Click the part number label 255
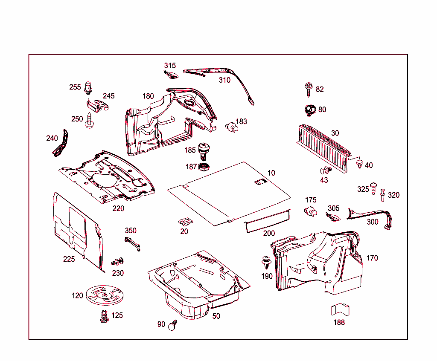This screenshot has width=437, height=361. point(75,87)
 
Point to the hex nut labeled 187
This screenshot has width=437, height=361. point(204,166)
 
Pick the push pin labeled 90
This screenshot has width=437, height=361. point(172,326)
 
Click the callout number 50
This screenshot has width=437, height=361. point(216,316)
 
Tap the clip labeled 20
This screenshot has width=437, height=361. point(185,222)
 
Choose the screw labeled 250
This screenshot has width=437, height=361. point(90,120)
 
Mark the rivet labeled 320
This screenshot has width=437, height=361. point(382,194)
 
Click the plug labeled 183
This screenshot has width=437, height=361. point(231,127)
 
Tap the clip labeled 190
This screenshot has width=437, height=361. point(267,262)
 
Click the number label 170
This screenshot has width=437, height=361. point(372,258)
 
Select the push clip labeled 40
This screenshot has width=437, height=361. point(359,164)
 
